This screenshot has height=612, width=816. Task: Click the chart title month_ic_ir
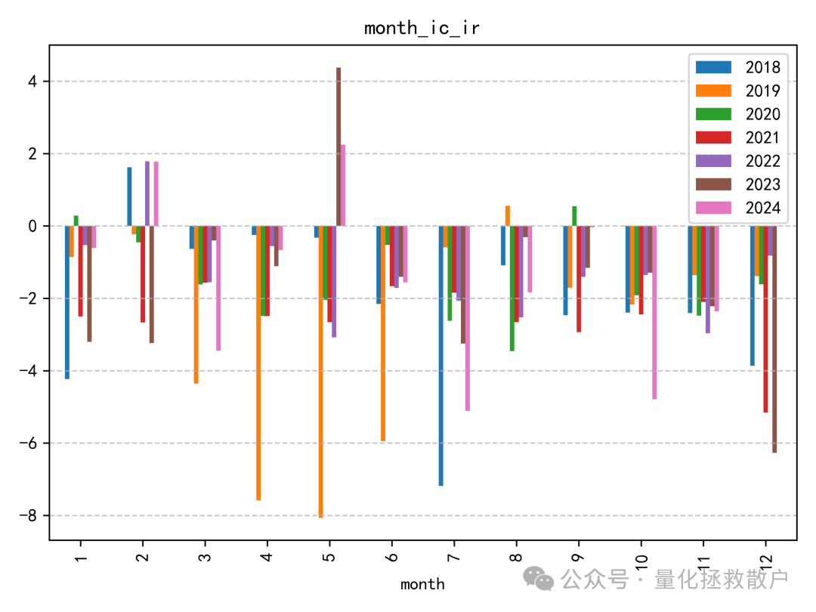(422, 29)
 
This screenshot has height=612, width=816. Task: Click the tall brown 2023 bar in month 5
(338, 147)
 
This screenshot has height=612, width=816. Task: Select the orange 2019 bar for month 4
(258, 363)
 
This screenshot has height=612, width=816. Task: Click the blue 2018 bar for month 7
(440, 355)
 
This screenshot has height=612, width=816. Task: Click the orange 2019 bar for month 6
(383, 333)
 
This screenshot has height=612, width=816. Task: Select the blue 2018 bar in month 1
(67, 302)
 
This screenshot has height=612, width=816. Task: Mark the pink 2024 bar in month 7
(468, 318)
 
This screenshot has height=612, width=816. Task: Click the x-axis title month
(422, 584)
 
